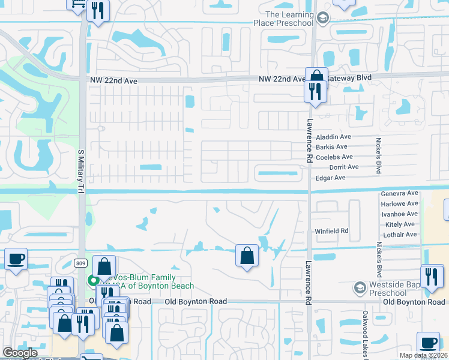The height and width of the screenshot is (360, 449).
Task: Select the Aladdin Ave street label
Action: (333, 137)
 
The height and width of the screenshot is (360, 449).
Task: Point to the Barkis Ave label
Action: (331, 147)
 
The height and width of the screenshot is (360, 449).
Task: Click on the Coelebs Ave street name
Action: (334, 157)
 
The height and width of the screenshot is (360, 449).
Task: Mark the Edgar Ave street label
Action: (330, 178)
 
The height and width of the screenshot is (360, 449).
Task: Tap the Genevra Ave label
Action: (399, 194)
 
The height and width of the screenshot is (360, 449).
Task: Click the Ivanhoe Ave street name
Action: (399, 214)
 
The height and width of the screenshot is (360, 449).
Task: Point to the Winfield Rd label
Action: (331, 231)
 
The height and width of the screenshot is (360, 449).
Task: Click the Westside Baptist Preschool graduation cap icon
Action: (359, 287)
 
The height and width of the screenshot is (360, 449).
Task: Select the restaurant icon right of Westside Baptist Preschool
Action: (431, 276)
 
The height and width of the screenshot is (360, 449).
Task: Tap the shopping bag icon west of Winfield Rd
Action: (247, 256)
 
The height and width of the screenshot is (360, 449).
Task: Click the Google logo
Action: (20, 353)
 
